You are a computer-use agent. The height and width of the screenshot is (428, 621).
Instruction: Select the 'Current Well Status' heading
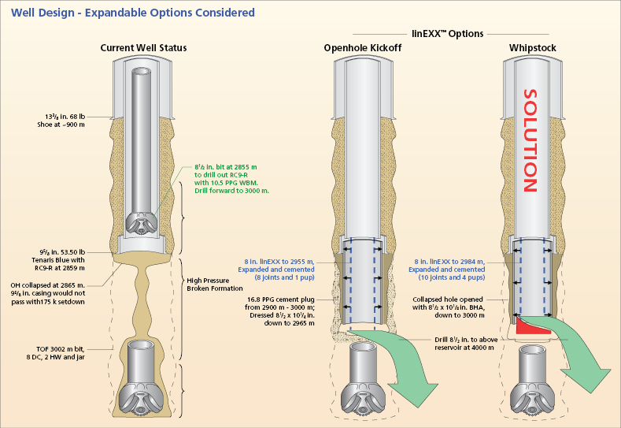[143, 48]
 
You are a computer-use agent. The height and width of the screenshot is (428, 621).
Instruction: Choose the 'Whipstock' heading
[532, 48]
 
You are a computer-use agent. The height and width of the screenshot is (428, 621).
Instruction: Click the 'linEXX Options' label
[448, 34]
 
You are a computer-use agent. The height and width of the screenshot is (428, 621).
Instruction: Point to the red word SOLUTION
[531, 140]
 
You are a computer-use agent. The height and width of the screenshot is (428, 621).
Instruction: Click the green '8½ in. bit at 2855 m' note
[231, 179]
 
